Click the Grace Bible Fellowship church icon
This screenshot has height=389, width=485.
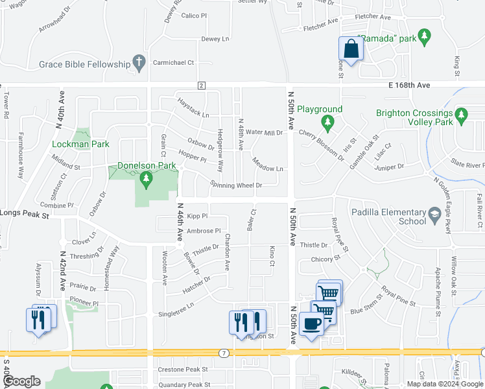[x=138, y=63]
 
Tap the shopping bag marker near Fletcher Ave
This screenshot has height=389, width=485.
[x=351, y=49]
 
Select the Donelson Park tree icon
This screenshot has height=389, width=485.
[x=147, y=178]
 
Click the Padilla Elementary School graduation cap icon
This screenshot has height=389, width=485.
[x=435, y=213]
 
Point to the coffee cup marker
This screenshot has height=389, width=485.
[x=311, y=324]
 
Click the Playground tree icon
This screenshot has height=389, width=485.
[x=328, y=121]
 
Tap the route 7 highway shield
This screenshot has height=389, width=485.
[x=223, y=353]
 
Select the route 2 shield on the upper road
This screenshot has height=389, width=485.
[x=201, y=86]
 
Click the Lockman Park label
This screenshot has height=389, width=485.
[x=82, y=144]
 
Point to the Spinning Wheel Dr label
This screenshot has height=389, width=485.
[x=235, y=185]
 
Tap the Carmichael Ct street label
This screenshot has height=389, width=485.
[x=173, y=63]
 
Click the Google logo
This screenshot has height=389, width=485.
[x=21, y=382]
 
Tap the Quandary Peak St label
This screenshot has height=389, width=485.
[x=182, y=384]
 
